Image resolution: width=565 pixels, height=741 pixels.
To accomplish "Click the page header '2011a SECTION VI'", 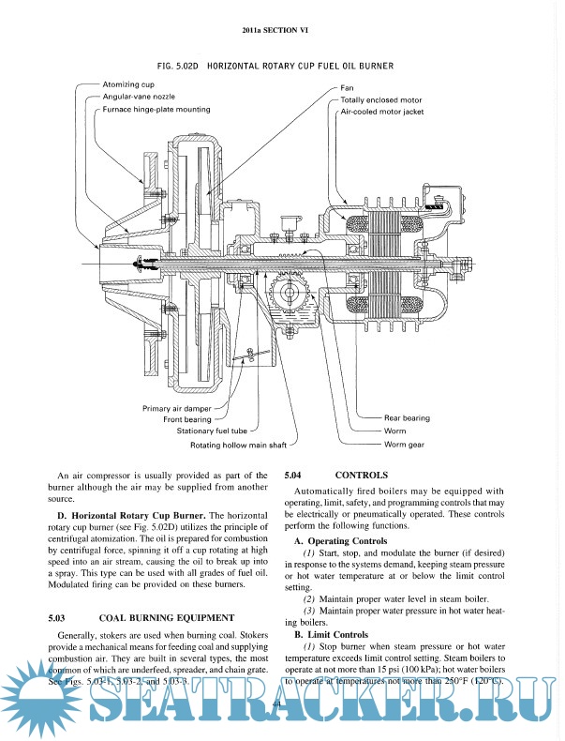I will pyautogui.click(x=281, y=32).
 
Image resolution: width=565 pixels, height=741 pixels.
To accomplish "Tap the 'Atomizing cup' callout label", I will pyautogui.click(x=127, y=84).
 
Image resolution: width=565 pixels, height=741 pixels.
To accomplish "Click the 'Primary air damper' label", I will pyautogui.click(x=177, y=409).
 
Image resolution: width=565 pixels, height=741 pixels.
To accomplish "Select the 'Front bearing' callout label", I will pyautogui.click(x=185, y=420).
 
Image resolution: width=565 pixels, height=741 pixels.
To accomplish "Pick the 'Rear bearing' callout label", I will pyautogui.click(x=408, y=417).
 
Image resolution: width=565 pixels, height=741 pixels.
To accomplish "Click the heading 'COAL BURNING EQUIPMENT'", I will pyautogui.click(x=166, y=618).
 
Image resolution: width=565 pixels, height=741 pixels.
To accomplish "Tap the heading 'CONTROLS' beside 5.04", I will pyautogui.click(x=361, y=476).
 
